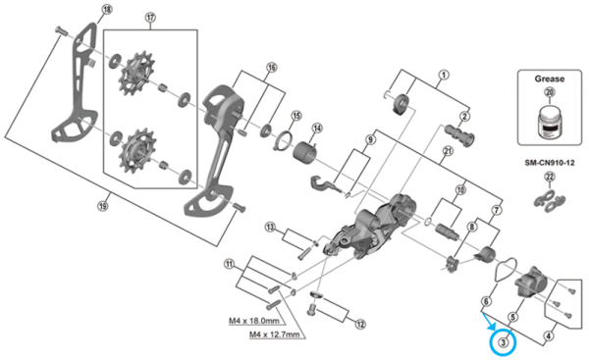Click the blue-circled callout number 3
503,342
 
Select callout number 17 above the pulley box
150,19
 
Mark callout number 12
360,324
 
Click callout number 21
447,149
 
